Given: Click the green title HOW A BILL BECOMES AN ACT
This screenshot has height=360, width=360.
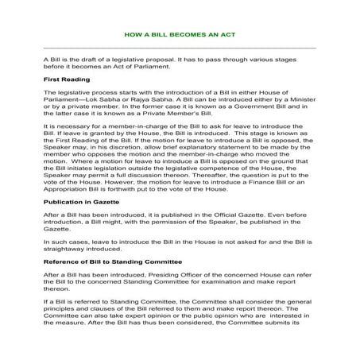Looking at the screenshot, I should pos(180,36).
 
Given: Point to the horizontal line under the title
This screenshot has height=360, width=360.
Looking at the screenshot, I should pos(180,48).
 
